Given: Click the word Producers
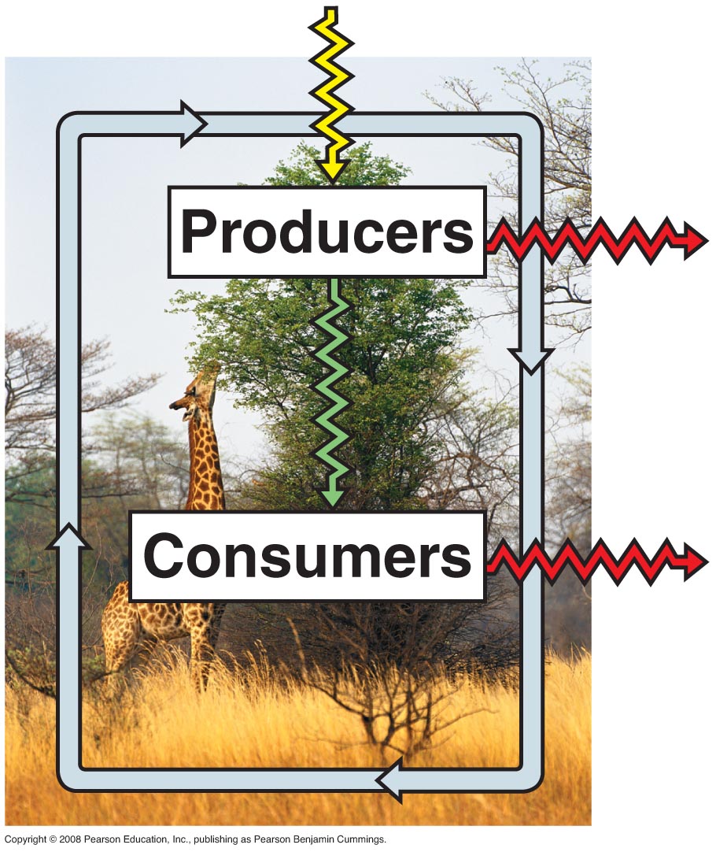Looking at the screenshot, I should (x=327, y=232).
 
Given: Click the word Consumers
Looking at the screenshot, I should (x=307, y=556).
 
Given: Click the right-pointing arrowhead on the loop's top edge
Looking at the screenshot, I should (x=193, y=124).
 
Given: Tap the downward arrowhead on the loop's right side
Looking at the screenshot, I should (x=531, y=359).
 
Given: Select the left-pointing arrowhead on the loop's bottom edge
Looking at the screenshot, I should (x=391, y=780).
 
